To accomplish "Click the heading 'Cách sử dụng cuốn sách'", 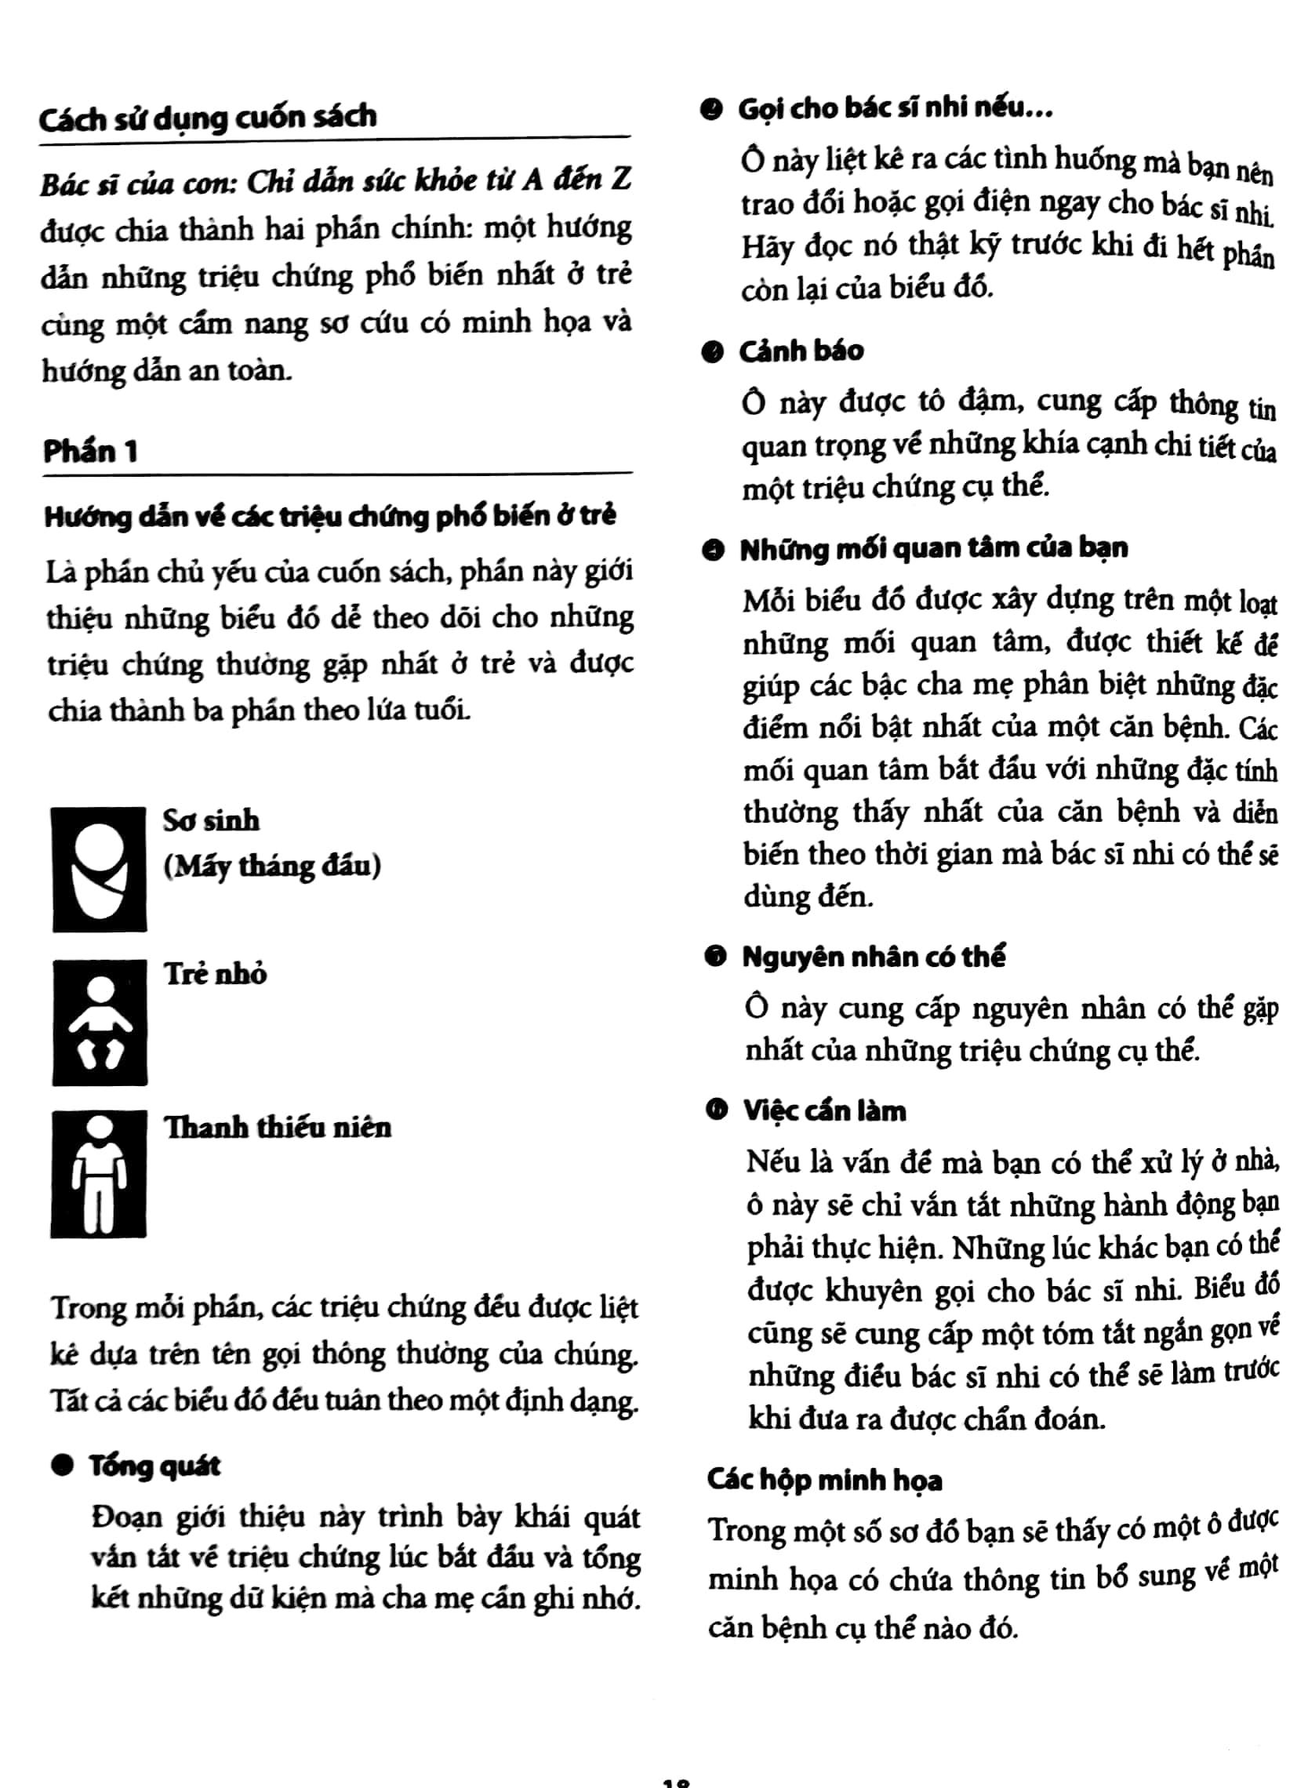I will pos(208,118).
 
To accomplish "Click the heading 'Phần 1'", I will pos(90,452).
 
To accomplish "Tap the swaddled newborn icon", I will pos(100,869).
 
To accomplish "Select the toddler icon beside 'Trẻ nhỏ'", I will pos(100,1022).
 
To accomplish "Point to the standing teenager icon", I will pos(99,1173).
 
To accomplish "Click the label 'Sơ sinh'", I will pos(211,820).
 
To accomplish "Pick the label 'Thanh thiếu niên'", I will pos(277,1127).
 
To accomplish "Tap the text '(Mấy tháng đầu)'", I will pos(272,866).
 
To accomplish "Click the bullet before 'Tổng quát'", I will pos(61,1466).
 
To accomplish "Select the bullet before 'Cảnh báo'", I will pos(713,351).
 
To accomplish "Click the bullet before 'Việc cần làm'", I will pos(718,1112).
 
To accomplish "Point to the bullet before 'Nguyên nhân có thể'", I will pos(716,958).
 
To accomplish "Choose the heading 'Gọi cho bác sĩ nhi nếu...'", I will pos(895,108).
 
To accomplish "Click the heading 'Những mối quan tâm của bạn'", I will pos(933,549).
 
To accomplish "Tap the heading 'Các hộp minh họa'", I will pos(824,1479).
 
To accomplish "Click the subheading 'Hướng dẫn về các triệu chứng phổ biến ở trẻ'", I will pos(330,516).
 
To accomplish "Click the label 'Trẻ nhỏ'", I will pos(216,973).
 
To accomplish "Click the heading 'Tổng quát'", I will pos(154,1466).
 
